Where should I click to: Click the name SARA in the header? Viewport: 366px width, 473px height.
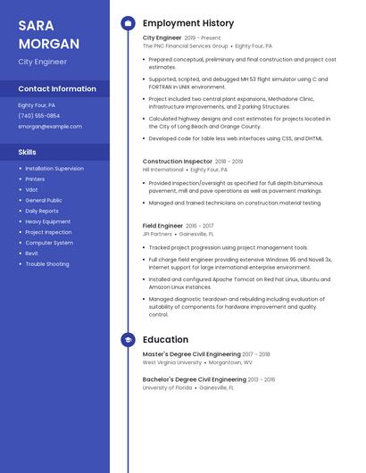[x=37, y=25]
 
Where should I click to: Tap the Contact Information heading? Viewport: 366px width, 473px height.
[x=57, y=89]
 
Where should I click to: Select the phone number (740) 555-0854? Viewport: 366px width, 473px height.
[x=39, y=116]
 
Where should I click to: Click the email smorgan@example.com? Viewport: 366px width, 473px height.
[x=50, y=127]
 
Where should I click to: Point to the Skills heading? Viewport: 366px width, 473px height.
[x=27, y=153]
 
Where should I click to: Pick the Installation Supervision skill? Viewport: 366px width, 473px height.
[x=54, y=169]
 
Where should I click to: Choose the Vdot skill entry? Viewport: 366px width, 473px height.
[x=31, y=190]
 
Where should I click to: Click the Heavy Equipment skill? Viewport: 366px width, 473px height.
[x=48, y=221]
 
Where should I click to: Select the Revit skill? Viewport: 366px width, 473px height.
[x=32, y=253]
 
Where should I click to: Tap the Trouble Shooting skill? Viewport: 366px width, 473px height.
[x=47, y=264]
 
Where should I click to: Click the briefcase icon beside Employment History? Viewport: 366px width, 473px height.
[x=128, y=22]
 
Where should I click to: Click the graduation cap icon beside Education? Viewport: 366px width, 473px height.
[x=128, y=340]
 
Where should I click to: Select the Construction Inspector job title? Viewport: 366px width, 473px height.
[x=178, y=162]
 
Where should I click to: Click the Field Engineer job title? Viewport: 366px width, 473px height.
[x=162, y=226]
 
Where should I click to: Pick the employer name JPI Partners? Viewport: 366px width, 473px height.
[x=157, y=234]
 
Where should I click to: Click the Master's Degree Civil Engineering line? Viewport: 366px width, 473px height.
[x=192, y=354]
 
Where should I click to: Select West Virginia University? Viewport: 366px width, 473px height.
[x=172, y=363]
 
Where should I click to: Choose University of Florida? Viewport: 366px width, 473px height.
[x=167, y=388]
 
